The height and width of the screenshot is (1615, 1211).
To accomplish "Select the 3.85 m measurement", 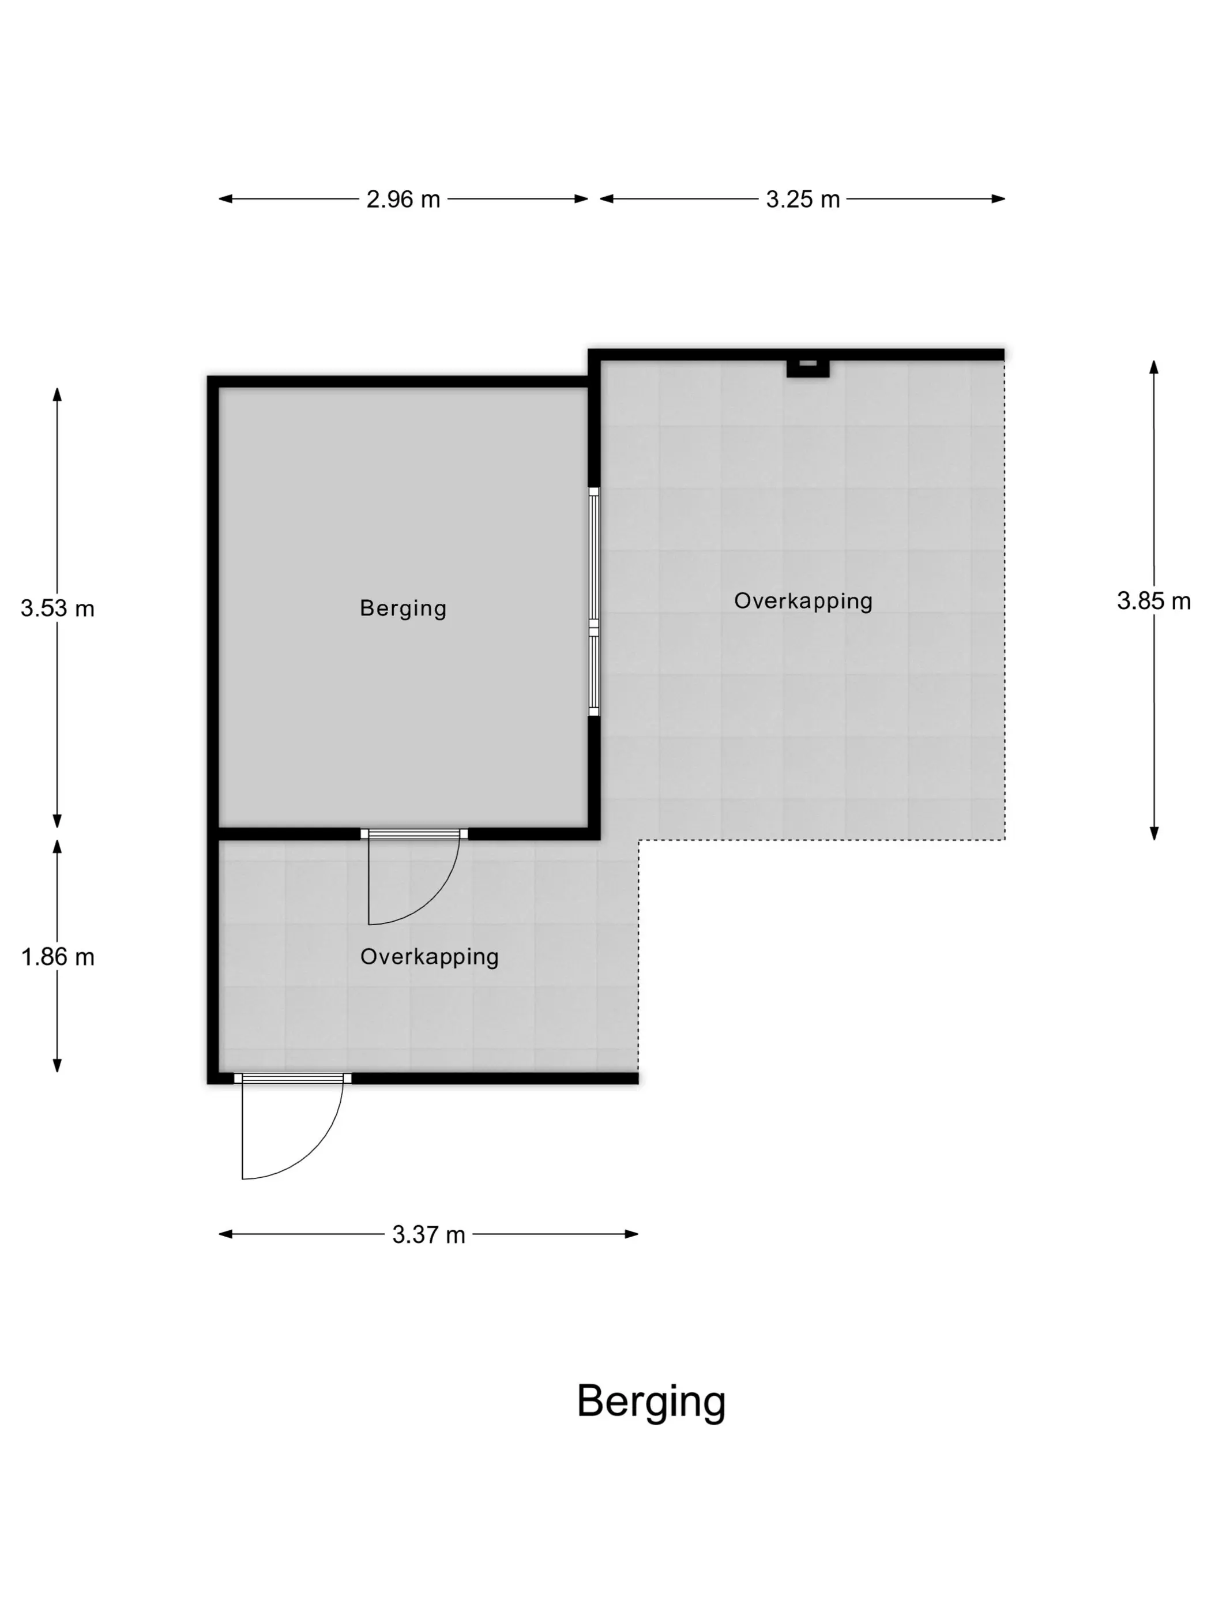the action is [1153, 601].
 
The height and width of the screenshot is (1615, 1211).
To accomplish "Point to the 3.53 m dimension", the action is [58, 608].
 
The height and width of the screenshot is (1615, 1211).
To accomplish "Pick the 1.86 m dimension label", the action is [58, 956].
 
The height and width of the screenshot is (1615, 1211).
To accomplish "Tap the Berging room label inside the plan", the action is [403, 608].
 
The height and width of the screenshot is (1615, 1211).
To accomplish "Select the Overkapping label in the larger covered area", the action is [803, 601].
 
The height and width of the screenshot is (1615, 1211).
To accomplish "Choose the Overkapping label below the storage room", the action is [429, 956].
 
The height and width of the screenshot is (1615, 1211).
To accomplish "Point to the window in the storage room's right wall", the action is [594, 602].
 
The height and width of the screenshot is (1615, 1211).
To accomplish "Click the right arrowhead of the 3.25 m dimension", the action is [999, 198].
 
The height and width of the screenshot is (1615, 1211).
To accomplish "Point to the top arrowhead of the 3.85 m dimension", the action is [1154, 366].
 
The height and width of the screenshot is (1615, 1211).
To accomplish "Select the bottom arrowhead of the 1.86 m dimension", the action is [57, 1065].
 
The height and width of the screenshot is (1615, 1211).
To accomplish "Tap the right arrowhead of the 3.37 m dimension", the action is [632, 1234].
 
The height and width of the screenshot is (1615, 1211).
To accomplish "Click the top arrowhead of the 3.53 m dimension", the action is [57, 395].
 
